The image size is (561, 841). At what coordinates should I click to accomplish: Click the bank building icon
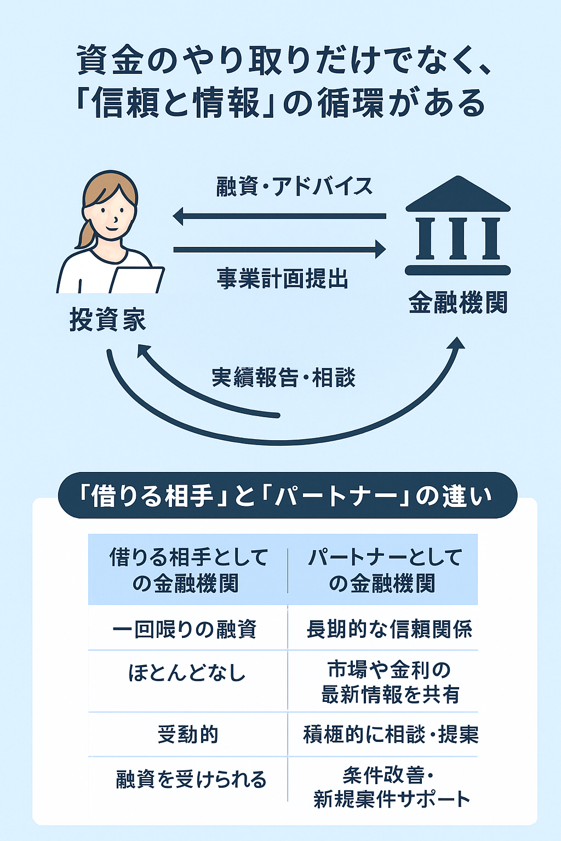tap(458, 226)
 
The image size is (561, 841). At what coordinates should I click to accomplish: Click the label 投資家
tap(108, 320)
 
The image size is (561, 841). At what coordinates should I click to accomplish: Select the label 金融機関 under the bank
tap(458, 302)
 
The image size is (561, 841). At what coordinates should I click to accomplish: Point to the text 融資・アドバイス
tap(294, 187)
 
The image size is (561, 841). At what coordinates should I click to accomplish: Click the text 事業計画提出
tap(283, 279)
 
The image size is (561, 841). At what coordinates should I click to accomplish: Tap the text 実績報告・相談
tap(283, 378)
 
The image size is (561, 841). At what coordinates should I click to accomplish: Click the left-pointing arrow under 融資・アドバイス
tap(279, 216)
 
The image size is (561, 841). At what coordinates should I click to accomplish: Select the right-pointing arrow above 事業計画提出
tap(279, 250)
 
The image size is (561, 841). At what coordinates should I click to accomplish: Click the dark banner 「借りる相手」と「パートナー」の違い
tap(287, 496)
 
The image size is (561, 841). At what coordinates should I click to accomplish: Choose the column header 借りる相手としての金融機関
tap(188, 569)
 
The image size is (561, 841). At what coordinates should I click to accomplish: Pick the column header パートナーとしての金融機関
tap(383, 569)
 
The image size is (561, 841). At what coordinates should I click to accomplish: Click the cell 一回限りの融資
tap(185, 629)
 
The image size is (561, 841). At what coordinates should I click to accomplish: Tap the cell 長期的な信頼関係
tap(389, 629)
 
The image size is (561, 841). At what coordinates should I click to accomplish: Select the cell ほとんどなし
tap(187, 673)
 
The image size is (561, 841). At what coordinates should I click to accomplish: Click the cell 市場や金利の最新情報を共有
tap(390, 682)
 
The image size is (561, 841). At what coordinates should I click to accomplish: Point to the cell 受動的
tap(188, 734)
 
